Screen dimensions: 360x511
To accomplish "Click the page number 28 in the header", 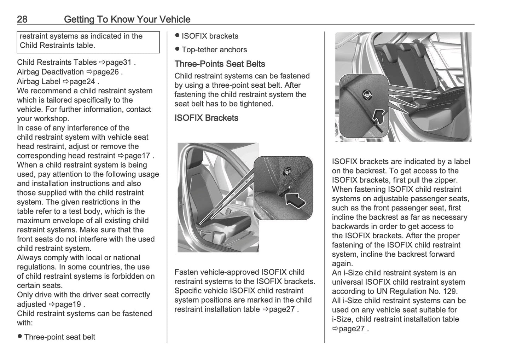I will click(22, 19).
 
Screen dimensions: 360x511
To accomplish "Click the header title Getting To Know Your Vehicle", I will click(127, 19).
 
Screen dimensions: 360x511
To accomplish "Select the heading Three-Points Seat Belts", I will click(220, 64).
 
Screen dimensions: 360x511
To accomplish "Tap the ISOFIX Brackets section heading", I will click(206, 118).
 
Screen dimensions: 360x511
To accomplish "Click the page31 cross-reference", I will click(118, 63).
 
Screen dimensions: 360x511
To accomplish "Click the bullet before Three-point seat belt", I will click(20, 337).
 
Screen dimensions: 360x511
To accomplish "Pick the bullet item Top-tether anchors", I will click(214, 50).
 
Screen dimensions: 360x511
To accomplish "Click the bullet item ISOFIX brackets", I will click(210, 36).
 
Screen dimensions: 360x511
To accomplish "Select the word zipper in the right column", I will click(447, 180).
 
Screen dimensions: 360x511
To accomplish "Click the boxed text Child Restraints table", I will click(57, 45).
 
